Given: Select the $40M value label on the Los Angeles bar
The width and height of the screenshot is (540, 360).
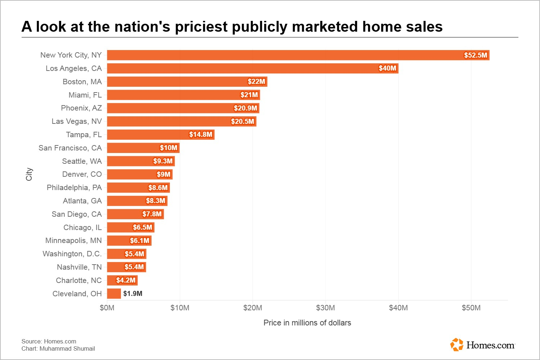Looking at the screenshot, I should pyautogui.click(x=387, y=68).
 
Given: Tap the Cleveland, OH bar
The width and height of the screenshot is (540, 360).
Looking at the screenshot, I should pyautogui.click(x=114, y=294).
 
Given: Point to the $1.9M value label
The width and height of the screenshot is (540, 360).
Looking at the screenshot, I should pyautogui.click(x=133, y=294).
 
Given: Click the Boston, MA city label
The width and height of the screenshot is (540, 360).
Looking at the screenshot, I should pyautogui.click(x=82, y=82).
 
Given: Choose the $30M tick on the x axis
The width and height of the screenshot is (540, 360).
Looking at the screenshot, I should pyautogui.click(x=325, y=308).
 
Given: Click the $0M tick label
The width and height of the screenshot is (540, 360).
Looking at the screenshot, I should pyautogui.click(x=107, y=308).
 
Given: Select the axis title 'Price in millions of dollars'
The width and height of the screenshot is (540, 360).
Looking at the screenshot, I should pyautogui.click(x=307, y=323).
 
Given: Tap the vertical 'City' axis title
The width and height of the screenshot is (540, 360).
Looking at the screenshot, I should pyautogui.click(x=29, y=174).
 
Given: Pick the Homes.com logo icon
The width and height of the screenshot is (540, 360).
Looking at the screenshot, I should pyautogui.click(x=457, y=345).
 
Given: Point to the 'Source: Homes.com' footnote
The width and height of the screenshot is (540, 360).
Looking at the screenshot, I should pyautogui.click(x=49, y=341).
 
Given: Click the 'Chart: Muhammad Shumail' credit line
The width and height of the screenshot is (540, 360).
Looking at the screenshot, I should pyautogui.click(x=58, y=348).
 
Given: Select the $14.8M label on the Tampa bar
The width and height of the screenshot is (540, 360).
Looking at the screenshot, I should pyautogui.click(x=201, y=135).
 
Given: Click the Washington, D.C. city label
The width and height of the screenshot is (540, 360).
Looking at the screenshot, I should pyautogui.click(x=72, y=254).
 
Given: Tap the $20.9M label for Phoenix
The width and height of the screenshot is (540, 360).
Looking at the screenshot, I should pyautogui.click(x=246, y=108).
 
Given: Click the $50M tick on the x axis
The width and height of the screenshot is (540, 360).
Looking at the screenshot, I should pyautogui.click(x=471, y=308).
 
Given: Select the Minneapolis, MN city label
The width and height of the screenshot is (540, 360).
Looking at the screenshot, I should pyautogui.click(x=73, y=240).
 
